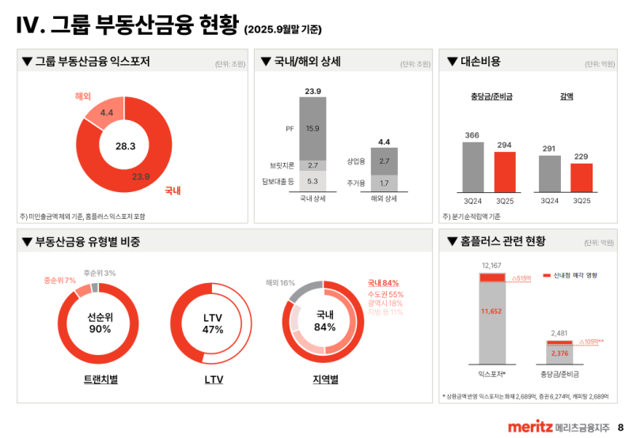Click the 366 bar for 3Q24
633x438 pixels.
tap(473, 167)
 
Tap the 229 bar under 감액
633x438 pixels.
tap(582, 177)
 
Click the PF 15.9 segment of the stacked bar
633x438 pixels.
tap(313, 128)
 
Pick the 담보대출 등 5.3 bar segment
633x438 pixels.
tap(313, 181)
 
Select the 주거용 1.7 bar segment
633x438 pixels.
tap(384, 183)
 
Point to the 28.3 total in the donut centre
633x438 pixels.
tap(126, 146)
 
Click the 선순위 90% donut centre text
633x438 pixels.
tap(100, 323)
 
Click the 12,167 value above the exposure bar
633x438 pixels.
tap(492, 266)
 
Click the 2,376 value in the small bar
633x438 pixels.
tap(560, 353)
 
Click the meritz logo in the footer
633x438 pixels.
tap(529, 427)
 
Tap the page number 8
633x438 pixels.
tap(620, 427)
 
